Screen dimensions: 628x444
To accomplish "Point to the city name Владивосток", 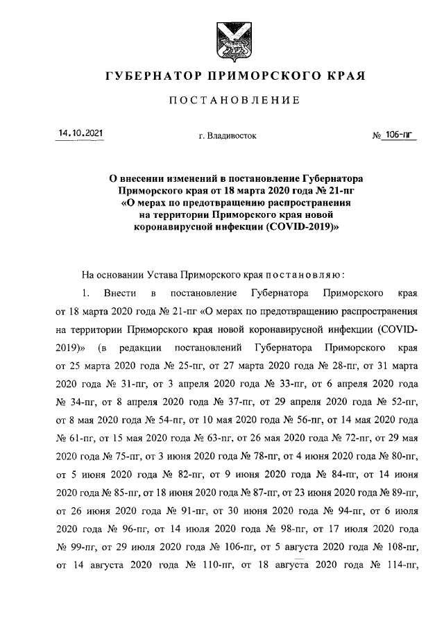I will [x=227, y=135].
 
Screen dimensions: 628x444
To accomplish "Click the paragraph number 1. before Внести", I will [x=86, y=291].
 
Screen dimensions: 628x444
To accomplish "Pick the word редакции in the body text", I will [x=142, y=346].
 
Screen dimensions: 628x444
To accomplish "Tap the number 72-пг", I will [x=339, y=436].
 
